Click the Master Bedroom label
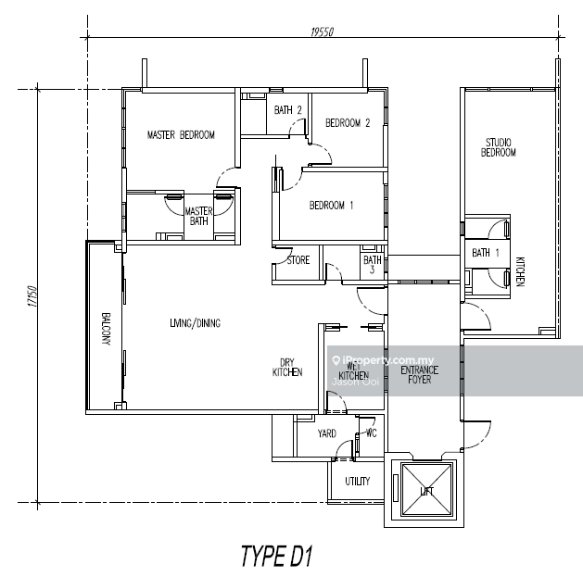[181, 135]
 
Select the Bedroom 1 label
[332, 206]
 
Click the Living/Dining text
[195, 323]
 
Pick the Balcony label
[106, 327]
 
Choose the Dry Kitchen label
[287, 367]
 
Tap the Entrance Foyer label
[419, 375]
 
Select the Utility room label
[358, 482]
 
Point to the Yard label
[326, 433]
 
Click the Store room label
[298, 260]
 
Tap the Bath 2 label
[288, 110]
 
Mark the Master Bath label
[199, 217]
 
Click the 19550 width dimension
[323, 31]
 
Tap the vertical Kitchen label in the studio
[520, 270]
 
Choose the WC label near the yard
[371, 433]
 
